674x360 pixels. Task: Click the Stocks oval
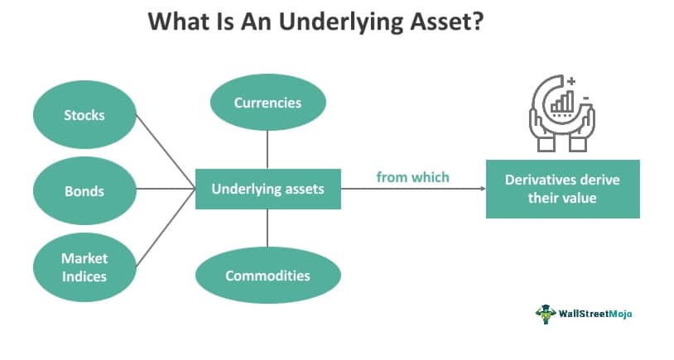[84, 115]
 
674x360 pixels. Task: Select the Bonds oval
[84, 190]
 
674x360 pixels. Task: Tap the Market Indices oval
[84, 267]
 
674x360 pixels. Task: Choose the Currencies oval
[267, 103]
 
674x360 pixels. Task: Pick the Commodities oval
[267, 276]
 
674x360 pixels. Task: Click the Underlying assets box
[268, 189]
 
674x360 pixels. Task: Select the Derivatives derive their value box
[563, 189]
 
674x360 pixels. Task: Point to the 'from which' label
[412, 177]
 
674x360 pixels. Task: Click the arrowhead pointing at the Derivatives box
[484, 189]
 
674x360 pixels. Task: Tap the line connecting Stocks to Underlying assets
[166, 151]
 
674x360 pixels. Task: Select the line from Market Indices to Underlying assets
[166, 228]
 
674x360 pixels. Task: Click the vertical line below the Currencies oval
[267, 150]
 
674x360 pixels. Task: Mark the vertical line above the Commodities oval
[267, 228]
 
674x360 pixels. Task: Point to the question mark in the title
[478, 20]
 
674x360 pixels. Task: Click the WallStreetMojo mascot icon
[546, 314]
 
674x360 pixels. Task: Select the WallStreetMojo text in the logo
[595, 314]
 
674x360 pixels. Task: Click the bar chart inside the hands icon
[563, 102]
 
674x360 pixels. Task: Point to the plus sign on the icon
[571, 81]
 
